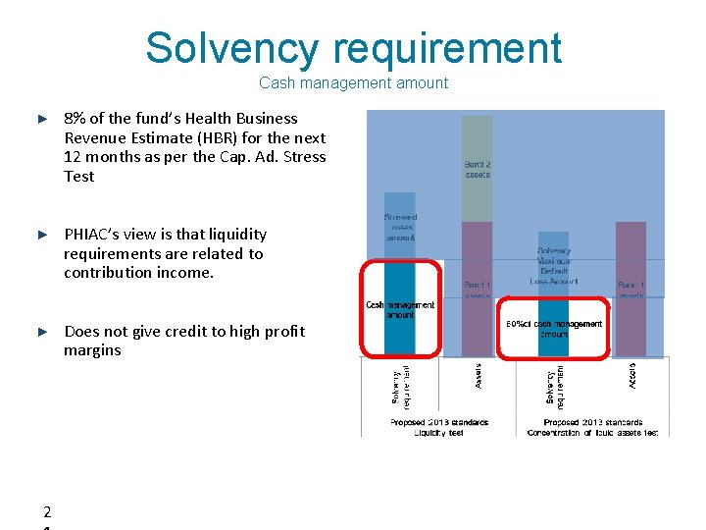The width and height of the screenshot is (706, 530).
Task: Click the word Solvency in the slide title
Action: [x=231, y=48]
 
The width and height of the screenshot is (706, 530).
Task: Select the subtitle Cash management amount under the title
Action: [x=353, y=83]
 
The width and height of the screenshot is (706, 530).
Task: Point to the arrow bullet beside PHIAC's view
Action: [x=42, y=235]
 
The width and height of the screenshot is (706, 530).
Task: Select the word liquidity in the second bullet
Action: [x=233, y=234]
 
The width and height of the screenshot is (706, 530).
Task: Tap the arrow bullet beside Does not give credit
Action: [x=42, y=332]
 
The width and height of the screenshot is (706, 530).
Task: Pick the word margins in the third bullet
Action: [x=92, y=350]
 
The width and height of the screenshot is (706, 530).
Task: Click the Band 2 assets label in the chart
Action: [x=478, y=168]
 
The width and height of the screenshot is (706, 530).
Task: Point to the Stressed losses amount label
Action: [x=400, y=227]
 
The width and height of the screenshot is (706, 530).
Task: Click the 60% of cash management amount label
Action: [x=554, y=329]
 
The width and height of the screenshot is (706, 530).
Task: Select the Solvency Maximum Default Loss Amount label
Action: [x=554, y=266]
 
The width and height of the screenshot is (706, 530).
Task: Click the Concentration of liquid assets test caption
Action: [x=591, y=432]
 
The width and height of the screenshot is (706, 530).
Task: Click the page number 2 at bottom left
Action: [x=47, y=512]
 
